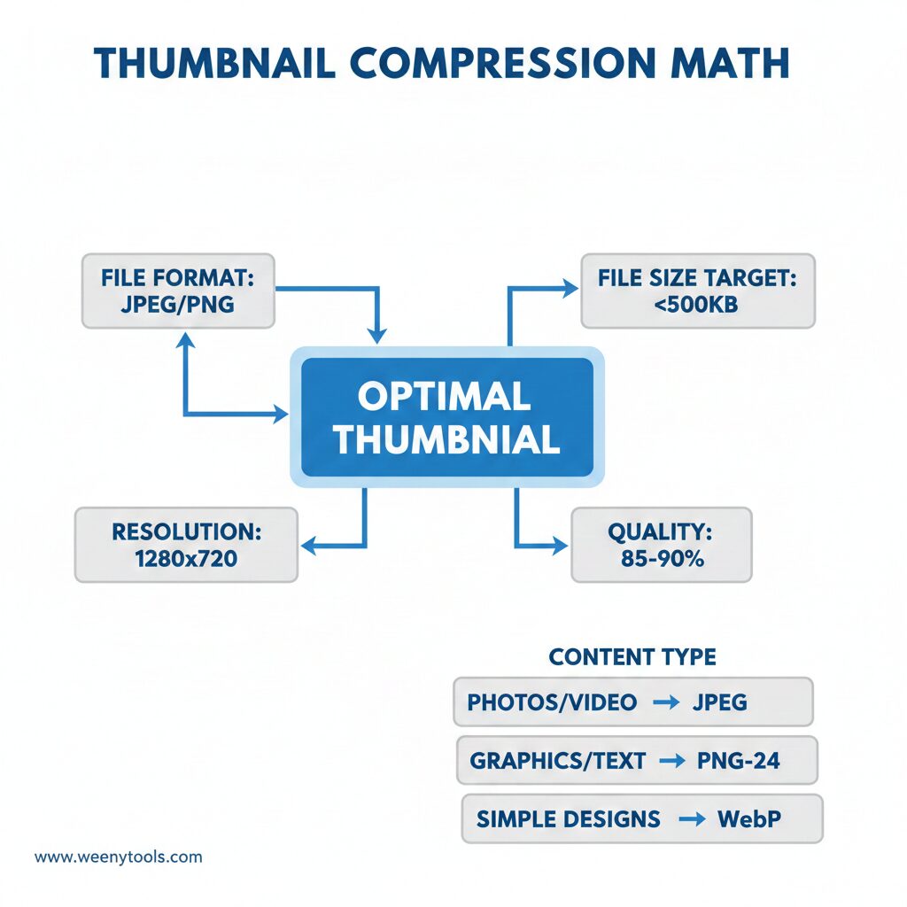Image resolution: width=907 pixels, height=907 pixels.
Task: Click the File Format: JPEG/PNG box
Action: click(x=177, y=291)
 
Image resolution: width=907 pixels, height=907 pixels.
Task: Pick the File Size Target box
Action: click(x=697, y=291)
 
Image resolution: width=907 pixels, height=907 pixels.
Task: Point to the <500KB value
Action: click(x=697, y=305)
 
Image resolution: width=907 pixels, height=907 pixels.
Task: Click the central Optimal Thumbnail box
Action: click(x=446, y=416)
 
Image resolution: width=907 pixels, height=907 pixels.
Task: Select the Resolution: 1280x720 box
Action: click(x=186, y=545)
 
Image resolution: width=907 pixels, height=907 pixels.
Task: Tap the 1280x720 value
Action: click(x=186, y=559)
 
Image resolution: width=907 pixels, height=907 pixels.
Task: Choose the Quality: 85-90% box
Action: click(x=661, y=545)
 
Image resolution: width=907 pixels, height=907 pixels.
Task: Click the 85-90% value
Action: click(x=661, y=559)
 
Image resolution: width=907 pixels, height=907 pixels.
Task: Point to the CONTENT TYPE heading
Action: click(x=632, y=657)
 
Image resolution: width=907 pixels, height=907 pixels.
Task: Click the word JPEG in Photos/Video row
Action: click(x=720, y=703)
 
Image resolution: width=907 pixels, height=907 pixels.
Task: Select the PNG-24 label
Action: click(x=738, y=761)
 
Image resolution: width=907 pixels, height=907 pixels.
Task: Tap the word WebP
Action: click(x=748, y=819)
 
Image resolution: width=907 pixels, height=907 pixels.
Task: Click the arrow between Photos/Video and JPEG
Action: click(x=664, y=703)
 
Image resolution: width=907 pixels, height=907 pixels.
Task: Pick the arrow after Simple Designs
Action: click(x=691, y=819)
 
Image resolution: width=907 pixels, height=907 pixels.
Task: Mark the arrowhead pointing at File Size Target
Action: click(x=568, y=288)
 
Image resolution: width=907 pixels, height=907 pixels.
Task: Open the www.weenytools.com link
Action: click(x=118, y=857)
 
